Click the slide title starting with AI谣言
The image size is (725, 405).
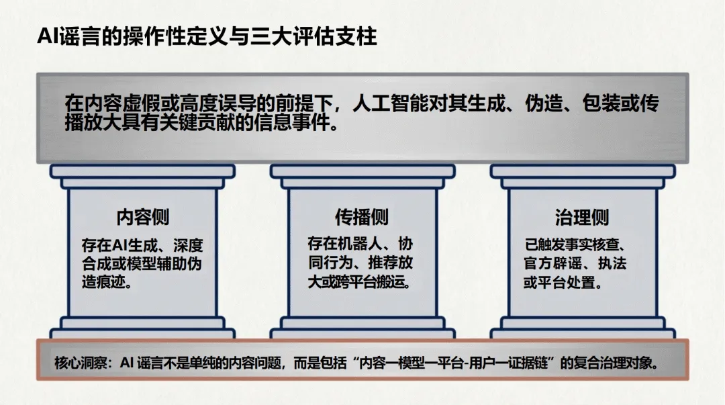click(207, 36)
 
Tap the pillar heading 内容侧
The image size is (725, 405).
click(142, 217)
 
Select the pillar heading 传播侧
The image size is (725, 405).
click(362, 217)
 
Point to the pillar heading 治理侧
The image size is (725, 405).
click(582, 217)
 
